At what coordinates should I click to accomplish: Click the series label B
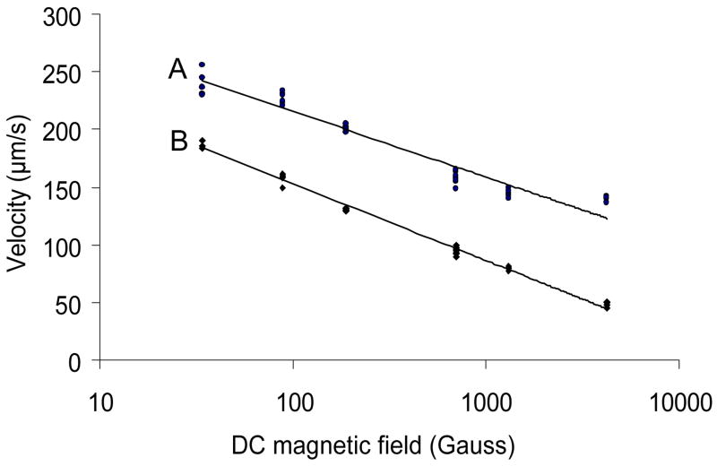(177, 142)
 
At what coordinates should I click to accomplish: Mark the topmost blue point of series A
(202, 65)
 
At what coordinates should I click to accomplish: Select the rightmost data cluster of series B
(607, 306)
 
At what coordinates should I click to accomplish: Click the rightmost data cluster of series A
(607, 199)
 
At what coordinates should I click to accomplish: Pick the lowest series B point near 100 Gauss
(282, 188)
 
